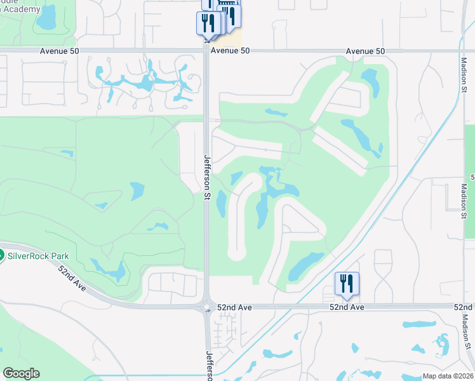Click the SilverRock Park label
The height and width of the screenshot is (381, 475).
(x=38, y=256)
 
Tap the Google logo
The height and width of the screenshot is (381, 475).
(x=21, y=373)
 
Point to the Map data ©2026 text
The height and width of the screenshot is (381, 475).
(x=448, y=376)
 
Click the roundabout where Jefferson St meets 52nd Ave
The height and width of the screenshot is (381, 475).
(x=207, y=307)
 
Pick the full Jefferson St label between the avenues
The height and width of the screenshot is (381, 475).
(x=207, y=178)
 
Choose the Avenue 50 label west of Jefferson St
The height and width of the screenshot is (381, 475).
(x=61, y=51)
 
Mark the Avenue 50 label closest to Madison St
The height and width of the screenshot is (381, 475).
(x=366, y=51)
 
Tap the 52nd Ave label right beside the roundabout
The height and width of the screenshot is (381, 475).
(x=235, y=307)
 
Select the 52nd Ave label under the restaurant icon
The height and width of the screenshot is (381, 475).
(x=347, y=307)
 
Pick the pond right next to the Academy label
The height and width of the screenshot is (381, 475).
(x=46, y=19)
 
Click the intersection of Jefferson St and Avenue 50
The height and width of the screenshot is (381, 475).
(x=207, y=50)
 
